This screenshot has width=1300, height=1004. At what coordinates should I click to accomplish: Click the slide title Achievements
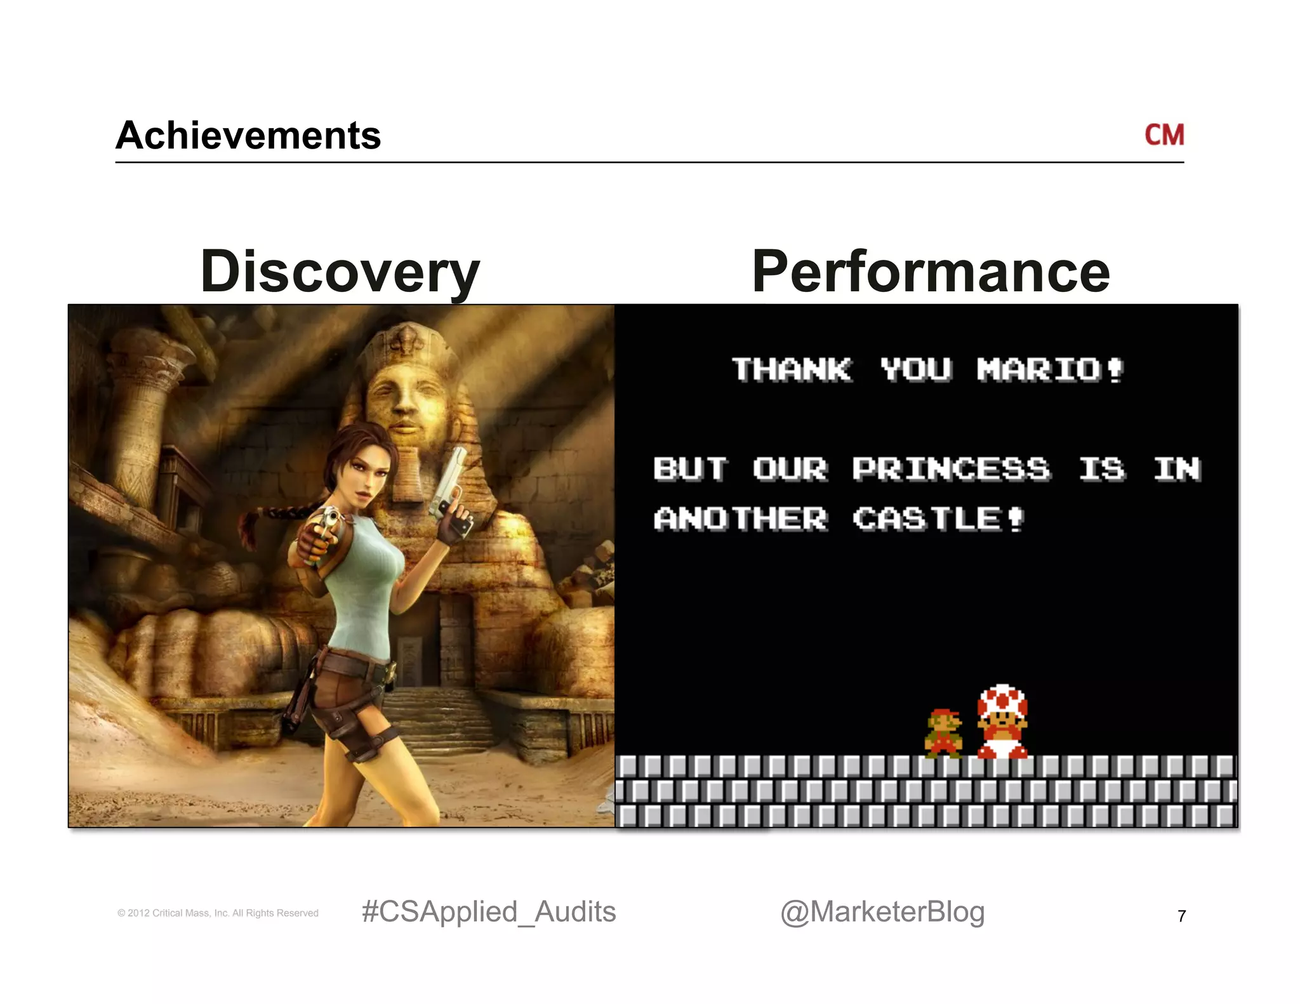click(x=248, y=136)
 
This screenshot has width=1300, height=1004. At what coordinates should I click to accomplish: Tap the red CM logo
click(x=1164, y=135)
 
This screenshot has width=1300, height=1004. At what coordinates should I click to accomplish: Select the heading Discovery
click(x=340, y=272)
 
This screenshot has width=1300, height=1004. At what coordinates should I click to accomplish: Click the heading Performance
click(x=931, y=272)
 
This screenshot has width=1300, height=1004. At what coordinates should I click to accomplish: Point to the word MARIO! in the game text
click(x=1050, y=370)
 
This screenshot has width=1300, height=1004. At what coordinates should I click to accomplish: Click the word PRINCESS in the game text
click(x=951, y=470)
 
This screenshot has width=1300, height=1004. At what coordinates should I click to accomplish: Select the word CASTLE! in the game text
click(x=938, y=519)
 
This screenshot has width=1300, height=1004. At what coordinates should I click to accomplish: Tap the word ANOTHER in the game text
click(x=741, y=519)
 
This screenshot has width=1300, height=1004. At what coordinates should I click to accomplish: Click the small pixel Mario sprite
click(x=944, y=734)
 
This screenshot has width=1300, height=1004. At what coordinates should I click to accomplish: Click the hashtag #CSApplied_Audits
click(x=489, y=912)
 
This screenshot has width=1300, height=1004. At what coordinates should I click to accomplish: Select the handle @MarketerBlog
click(x=882, y=912)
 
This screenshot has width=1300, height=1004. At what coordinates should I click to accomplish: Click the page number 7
click(x=1181, y=916)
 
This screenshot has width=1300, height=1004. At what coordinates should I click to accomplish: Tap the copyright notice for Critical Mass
click(x=218, y=913)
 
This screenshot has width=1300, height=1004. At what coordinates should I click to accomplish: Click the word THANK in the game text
click(x=792, y=370)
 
